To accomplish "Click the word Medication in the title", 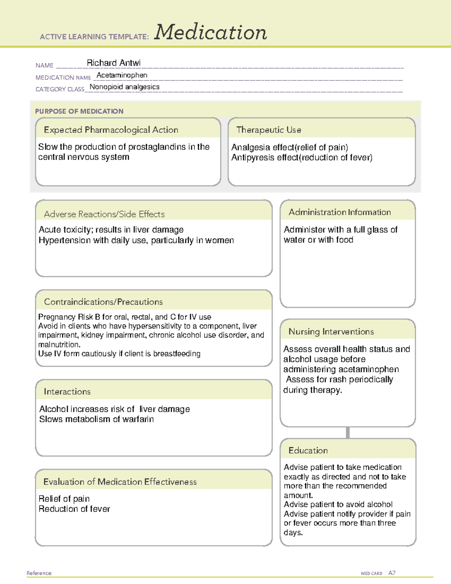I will coord(210,32).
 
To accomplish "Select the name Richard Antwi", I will coord(114,63).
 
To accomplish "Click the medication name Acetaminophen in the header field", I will coord(122,75).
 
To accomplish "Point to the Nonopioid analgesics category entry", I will coord(124,87).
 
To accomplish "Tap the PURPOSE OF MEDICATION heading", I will coord(79,111).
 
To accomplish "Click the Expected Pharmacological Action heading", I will coord(111,130).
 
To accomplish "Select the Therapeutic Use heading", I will coord(268,130).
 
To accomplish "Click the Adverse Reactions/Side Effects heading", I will coord(104,214).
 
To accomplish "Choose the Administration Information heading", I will coord(339,212).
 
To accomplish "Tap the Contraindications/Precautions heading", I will coord(103,302).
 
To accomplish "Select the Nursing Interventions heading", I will coord(331,331).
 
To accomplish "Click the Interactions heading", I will coord(67,391).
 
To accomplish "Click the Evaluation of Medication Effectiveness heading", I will coord(120,482).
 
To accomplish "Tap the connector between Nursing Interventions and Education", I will coord(348,432).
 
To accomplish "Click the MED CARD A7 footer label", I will coord(378,573).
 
